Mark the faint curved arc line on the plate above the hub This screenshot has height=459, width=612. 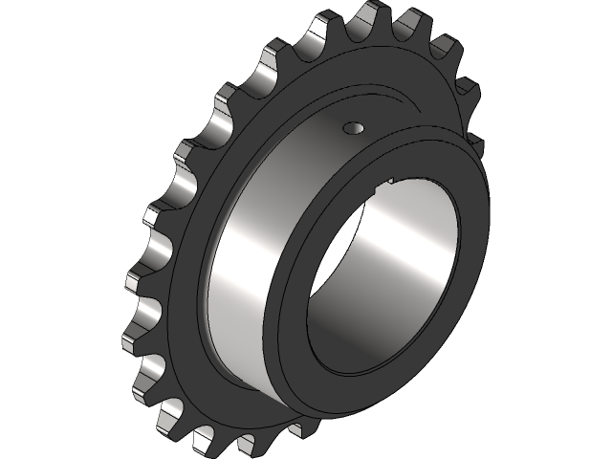click(382, 96)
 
